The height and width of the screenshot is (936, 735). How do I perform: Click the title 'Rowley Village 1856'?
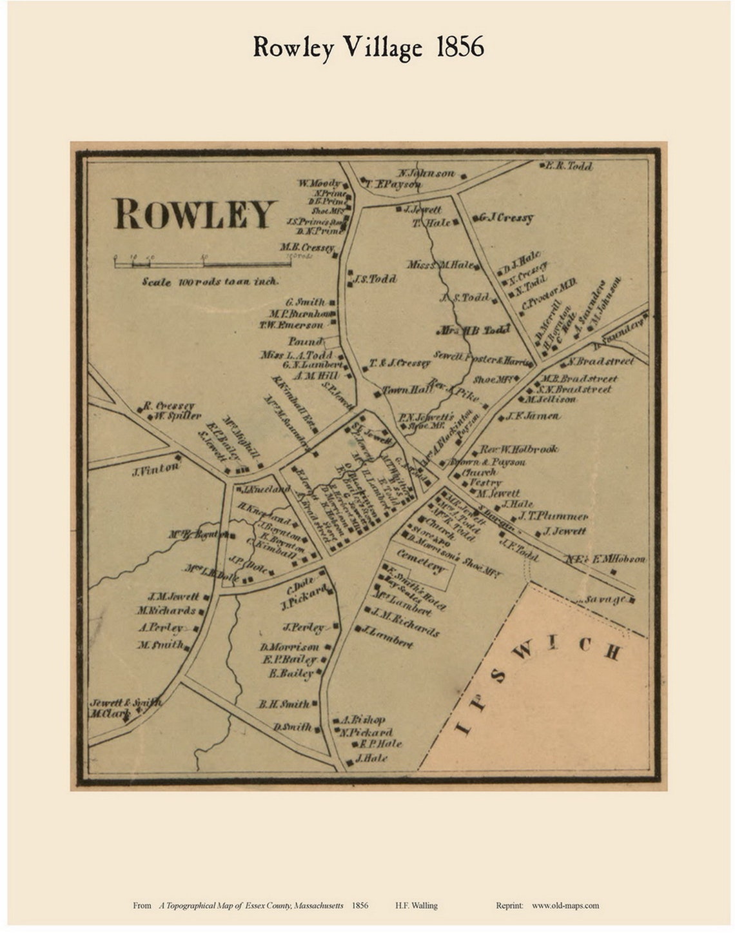point(368,48)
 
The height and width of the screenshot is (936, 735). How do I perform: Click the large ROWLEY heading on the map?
point(195,215)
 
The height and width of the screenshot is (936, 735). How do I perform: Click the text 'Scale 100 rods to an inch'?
point(210,282)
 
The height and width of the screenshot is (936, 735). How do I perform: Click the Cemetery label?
point(421,561)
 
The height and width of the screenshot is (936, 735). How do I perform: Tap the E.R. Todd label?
point(569,166)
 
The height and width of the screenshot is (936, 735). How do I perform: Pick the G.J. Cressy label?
point(505,218)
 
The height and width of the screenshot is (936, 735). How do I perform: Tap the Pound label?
point(305,341)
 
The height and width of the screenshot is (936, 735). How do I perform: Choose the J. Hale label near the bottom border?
point(371,759)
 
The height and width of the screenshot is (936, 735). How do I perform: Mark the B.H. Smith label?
point(284,704)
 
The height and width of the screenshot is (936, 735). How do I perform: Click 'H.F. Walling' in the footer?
point(416,905)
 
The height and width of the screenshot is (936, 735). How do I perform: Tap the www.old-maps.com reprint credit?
point(565,905)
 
